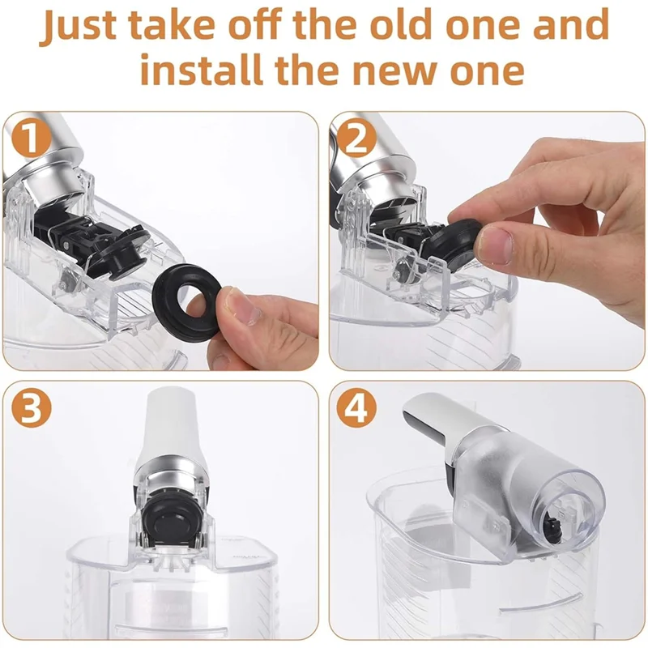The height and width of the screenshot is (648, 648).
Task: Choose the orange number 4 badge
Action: click(356, 409)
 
